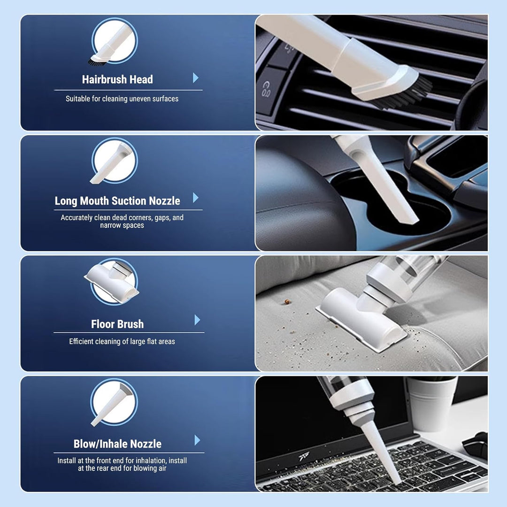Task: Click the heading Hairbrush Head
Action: (x=117, y=79)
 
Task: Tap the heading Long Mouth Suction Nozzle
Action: (x=117, y=201)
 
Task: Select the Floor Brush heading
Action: (x=117, y=324)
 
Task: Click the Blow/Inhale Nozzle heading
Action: (x=117, y=444)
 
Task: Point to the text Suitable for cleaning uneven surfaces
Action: (x=122, y=99)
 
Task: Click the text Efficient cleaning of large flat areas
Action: (x=122, y=341)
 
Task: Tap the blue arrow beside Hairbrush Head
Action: (x=196, y=77)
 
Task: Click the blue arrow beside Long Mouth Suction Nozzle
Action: (x=196, y=198)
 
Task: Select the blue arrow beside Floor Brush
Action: (x=197, y=320)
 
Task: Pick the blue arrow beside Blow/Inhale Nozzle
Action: (x=197, y=440)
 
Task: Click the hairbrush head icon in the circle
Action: (x=113, y=42)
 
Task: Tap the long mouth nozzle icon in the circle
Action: (x=113, y=161)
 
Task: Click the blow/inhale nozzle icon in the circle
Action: (x=113, y=403)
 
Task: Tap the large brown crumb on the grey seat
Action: (x=286, y=302)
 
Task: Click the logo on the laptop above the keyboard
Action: (x=304, y=456)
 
